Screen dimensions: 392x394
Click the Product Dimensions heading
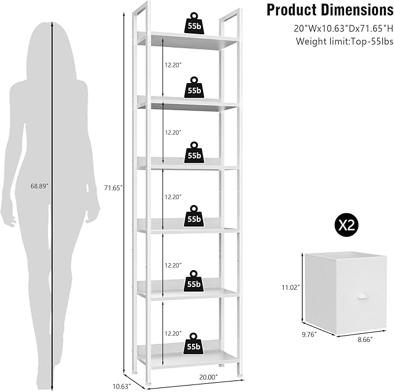(329, 10)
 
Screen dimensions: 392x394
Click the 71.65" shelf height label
(113, 187)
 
